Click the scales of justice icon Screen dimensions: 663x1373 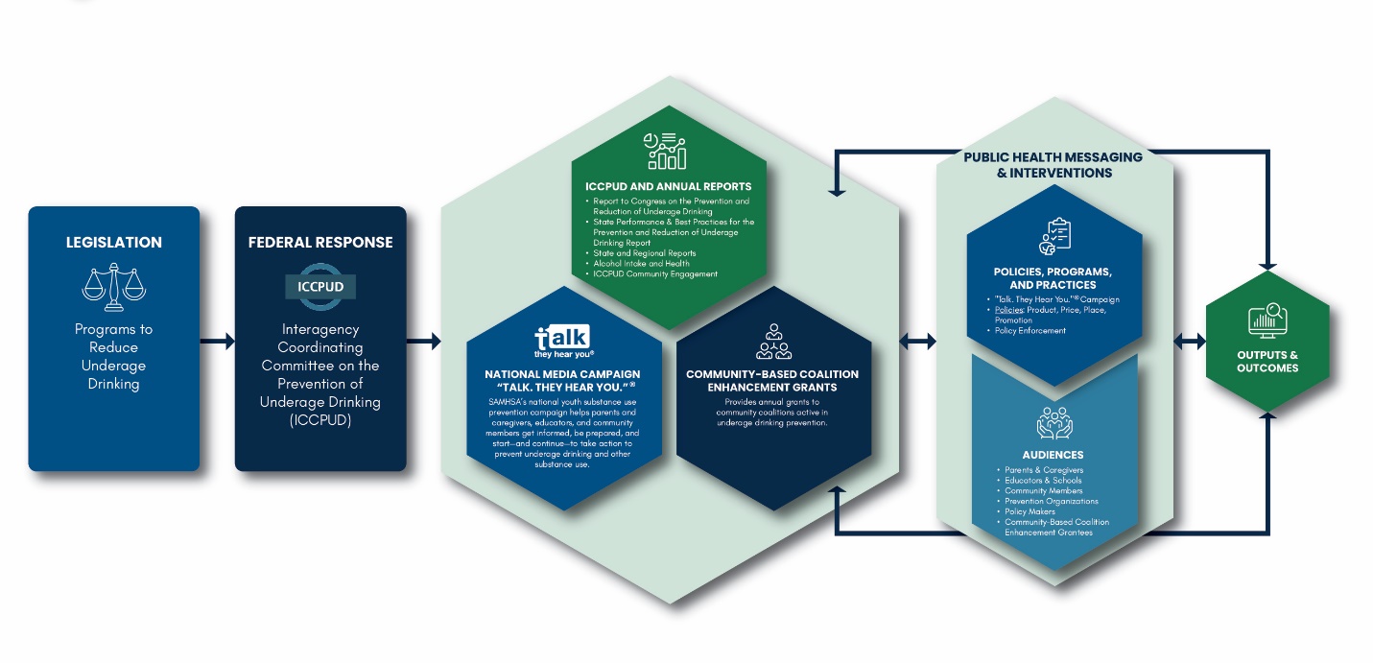113,286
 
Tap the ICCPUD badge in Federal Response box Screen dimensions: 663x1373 320,287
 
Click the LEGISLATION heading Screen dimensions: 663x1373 114,243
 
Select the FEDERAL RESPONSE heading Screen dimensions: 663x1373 320,243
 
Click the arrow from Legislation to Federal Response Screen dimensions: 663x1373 217,341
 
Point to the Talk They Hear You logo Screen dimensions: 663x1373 563,341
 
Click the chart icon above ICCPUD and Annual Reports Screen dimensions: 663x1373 665,152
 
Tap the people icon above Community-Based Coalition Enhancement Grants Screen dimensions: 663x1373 773,341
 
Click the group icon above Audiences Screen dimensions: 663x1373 1053,423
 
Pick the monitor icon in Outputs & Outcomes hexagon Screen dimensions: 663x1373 1267,320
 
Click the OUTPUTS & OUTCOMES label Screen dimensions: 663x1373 1267,362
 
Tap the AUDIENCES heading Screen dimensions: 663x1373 1053,455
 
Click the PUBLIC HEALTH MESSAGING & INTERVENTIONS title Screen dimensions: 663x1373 1053,165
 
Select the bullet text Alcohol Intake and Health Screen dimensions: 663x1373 641,264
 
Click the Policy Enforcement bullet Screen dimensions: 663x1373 1030,331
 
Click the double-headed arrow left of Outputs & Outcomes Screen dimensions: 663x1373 1189,341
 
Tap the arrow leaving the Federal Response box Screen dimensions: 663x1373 423,341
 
